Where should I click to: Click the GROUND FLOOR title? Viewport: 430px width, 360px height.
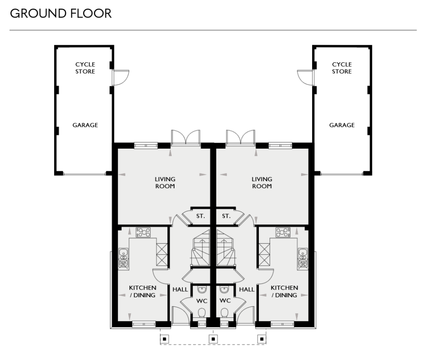(60, 13)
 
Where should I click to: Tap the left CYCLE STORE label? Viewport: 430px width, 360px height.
(85, 68)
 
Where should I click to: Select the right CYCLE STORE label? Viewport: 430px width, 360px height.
(342, 68)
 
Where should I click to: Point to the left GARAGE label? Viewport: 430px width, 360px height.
(85, 125)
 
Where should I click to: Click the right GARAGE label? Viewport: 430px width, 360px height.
(342, 125)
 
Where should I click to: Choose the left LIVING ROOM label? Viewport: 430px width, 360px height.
(165, 183)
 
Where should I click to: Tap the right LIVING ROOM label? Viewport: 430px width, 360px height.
(262, 183)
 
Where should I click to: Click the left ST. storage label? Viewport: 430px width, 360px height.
(200, 217)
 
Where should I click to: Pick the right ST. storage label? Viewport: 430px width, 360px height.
(226, 217)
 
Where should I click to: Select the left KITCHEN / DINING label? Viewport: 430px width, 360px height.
(142, 291)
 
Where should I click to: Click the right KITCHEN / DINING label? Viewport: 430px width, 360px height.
(284, 291)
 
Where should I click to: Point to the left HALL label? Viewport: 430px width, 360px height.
(180, 290)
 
